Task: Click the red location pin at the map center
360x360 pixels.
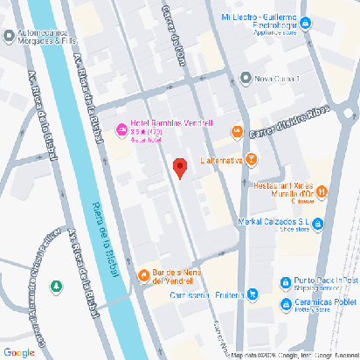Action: point(180,168)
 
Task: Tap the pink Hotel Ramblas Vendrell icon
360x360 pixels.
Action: point(121,132)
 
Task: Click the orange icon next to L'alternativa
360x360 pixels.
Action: point(252,159)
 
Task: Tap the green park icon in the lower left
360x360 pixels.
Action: point(57,286)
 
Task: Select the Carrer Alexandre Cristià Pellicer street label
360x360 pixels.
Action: point(47,275)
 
